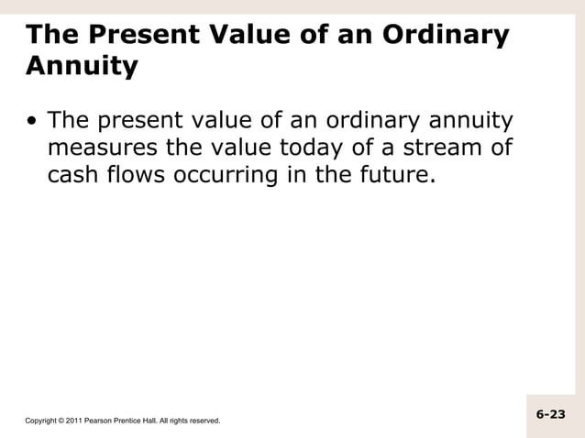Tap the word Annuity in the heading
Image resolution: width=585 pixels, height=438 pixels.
[x=83, y=66]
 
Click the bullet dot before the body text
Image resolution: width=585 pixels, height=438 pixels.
[x=33, y=122]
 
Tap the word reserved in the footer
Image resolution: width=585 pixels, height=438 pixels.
[x=204, y=421]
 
